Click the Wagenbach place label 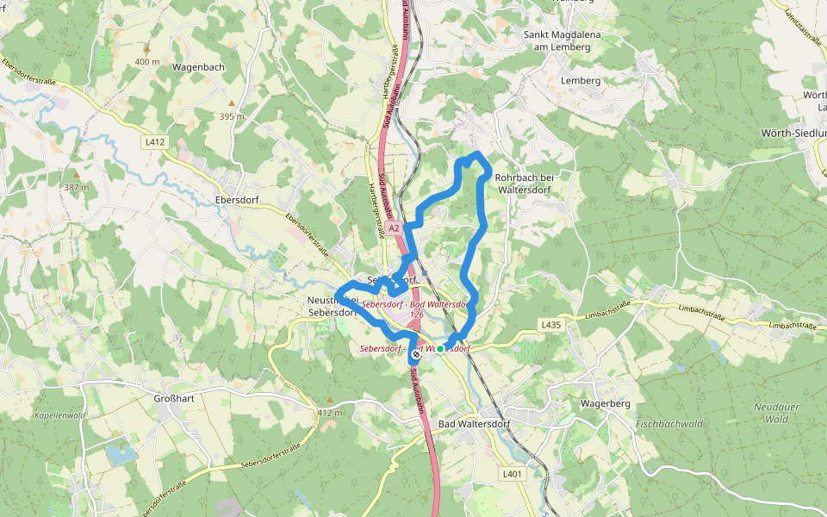[x=199, y=66]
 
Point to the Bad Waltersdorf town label [x=474, y=424]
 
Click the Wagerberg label [x=606, y=403]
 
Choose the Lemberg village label [x=580, y=80]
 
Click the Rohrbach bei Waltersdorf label [x=529, y=184]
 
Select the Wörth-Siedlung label [x=793, y=134]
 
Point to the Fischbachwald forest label [x=669, y=424]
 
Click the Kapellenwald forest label [x=59, y=415]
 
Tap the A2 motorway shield [x=394, y=228]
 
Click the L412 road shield [x=156, y=141]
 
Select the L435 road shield [x=551, y=325]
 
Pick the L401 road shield [x=512, y=474]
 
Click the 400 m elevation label [x=147, y=62]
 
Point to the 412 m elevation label [x=330, y=412]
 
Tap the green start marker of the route [x=440, y=349]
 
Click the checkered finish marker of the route [x=416, y=354]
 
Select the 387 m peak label [x=77, y=187]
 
